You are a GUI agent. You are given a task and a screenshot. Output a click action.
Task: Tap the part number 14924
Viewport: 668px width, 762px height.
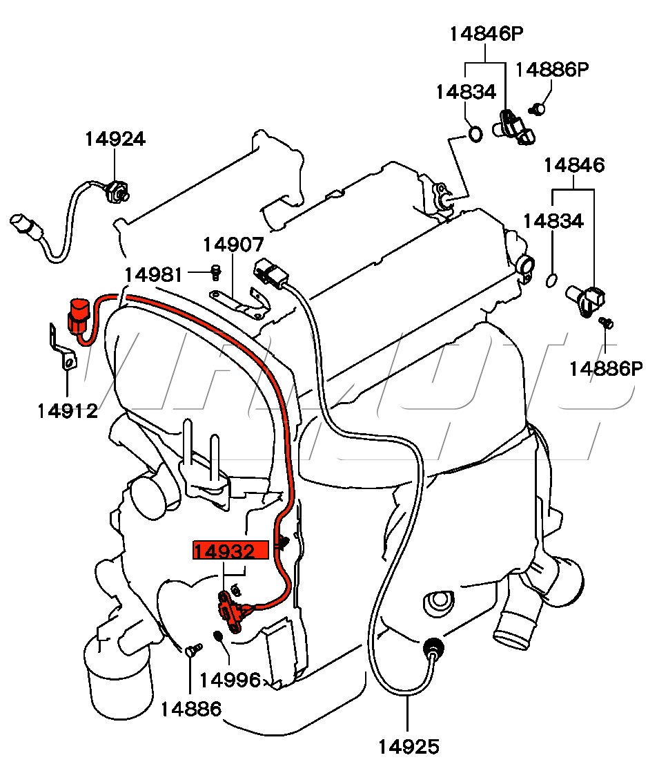pyautogui.click(x=115, y=139)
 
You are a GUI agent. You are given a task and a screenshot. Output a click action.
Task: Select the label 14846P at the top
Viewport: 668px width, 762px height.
pyautogui.click(x=487, y=34)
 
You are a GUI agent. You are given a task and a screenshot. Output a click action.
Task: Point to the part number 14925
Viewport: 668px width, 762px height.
pyautogui.click(x=409, y=746)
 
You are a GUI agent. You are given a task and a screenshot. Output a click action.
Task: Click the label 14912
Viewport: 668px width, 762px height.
pyautogui.click(x=68, y=411)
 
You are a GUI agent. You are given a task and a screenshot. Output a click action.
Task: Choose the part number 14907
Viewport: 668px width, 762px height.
pyautogui.click(x=233, y=245)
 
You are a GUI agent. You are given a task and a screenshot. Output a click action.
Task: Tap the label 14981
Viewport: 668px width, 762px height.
pyautogui.click(x=154, y=275)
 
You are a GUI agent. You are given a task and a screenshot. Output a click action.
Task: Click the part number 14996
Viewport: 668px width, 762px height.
pyautogui.click(x=230, y=680)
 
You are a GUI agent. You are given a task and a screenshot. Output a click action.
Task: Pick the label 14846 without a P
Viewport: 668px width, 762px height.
pyautogui.click(x=574, y=166)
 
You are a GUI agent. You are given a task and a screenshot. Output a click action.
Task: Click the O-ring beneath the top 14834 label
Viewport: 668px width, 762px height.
pyautogui.click(x=475, y=133)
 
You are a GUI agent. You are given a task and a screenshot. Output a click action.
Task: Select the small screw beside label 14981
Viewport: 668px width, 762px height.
pyautogui.click(x=215, y=273)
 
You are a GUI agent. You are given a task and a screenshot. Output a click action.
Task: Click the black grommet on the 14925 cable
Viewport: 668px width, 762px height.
pyautogui.click(x=434, y=647)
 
